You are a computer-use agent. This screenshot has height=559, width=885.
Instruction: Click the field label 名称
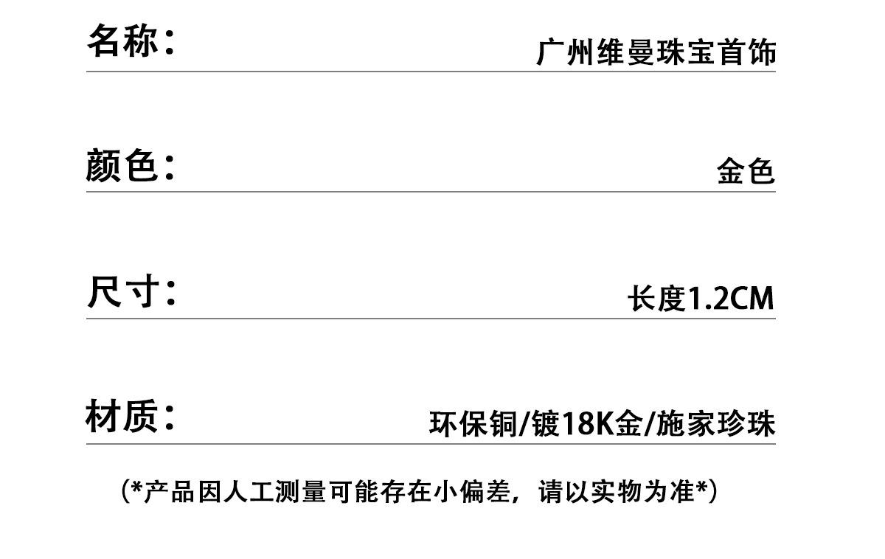pyautogui.click(x=123, y=41)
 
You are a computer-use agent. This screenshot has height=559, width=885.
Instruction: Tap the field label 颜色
pyautogui.click(x=122, y=165)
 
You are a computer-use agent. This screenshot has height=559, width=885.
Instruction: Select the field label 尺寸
pyautogui.click(x=123, y=292)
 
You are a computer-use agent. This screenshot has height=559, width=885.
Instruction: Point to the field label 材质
pyautogui.click(x=122, y=417)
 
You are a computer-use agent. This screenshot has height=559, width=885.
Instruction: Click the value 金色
pyautogui.click(x=746, y=172)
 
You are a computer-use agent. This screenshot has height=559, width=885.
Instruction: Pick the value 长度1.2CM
pyautogui.click(x=701, y=299)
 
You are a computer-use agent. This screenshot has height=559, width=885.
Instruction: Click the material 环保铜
pyautogui.click(x=473, y=425)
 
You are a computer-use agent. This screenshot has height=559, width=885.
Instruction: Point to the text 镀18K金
pyautogui.click(x=587, y=425)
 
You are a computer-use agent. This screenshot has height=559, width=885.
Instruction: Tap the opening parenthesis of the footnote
pyautogui.click(x=125, y=491)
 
